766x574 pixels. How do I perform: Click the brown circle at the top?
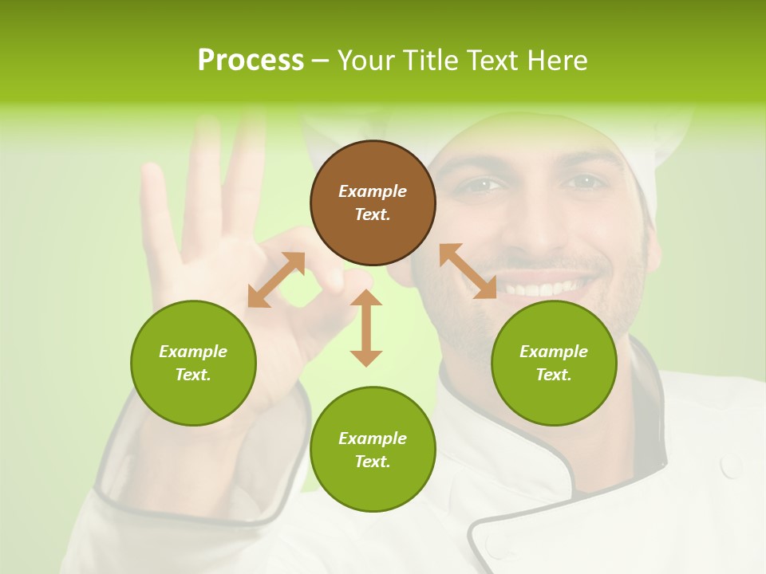373,202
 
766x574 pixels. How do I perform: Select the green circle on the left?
193,363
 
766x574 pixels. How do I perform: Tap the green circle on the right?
554,363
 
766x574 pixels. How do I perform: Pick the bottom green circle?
373,450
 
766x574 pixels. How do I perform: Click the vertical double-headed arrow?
366,328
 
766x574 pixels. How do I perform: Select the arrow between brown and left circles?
276,279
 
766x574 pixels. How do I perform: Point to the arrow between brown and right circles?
468,271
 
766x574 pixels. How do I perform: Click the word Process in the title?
251,60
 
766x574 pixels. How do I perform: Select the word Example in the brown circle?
373,191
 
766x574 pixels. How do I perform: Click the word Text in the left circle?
193,375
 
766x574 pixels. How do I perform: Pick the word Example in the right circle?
554,352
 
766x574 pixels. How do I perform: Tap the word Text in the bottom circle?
373,462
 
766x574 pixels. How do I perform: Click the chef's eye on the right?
585,183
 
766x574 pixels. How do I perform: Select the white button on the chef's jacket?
731,466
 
